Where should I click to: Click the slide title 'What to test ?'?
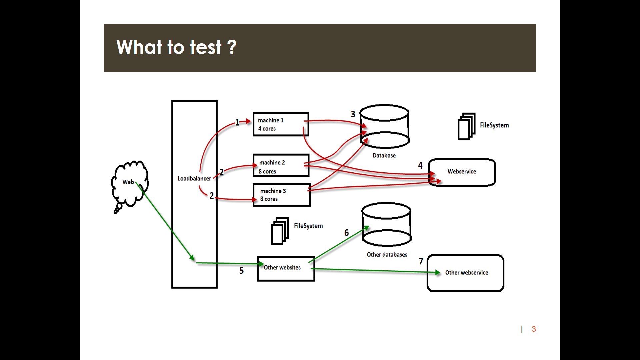coord(176,47)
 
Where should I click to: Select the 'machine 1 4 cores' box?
coord(281,124)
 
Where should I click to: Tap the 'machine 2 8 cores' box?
coord(281,166)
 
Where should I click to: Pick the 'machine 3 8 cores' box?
coord(281,195)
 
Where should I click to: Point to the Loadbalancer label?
coord(194,179)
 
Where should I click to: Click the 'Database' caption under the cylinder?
coord(384,156)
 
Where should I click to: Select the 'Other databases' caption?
coord(387,255)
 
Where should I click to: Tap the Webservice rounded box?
coord(462,172)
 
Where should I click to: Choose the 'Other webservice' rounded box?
coord(465,273)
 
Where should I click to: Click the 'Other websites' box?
coord(286,269)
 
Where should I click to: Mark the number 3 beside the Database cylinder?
coord(353,114)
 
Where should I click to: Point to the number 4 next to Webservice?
coord(420,166)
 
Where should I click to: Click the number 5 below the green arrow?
coord(241,271)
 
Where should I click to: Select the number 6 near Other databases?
coord(346,233)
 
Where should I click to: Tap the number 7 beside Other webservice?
coord(421,261)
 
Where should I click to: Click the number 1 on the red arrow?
coord(237,122)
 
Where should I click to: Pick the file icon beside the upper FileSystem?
coord(466,126)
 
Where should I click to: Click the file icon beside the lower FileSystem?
coord(280,231)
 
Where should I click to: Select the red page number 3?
coord(534,329)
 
